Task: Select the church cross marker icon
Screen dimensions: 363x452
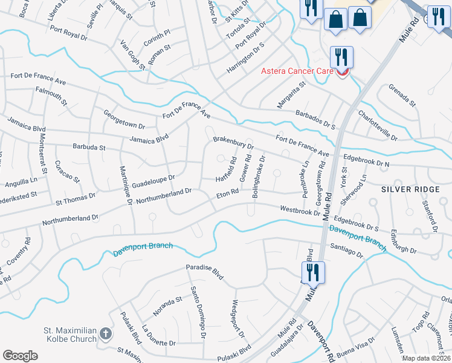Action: [x=106, y=333]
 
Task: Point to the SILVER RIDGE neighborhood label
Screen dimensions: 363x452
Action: [x=411, y=189]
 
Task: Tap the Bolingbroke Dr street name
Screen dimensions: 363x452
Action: [x=257, y=178]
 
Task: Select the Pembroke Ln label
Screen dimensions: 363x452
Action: [x=306, y=173]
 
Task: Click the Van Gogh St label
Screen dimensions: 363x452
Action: [x=133, y=56]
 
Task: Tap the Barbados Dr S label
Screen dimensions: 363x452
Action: [x=315, y=119]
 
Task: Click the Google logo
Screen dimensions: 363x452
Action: [x=20, y=356]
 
